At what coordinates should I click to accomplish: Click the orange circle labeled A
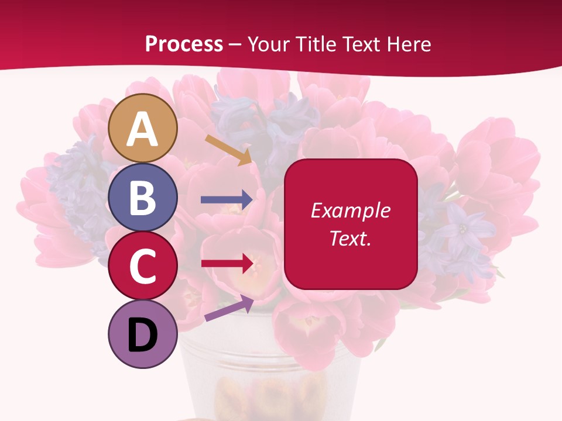coord(142,128)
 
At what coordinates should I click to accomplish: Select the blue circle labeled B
coord(142,197)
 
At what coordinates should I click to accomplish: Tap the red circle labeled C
coord(142,265)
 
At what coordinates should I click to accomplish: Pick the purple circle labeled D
coord(142,334)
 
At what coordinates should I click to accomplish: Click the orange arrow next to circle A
coord(228,150)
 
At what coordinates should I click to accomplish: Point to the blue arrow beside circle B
coord(227,199)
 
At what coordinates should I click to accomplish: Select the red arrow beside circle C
coord(227,263)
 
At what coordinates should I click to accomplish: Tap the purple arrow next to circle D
coord(229,308)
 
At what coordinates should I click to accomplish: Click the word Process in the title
coord(184,44)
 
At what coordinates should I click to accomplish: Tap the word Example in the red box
coord(350,210)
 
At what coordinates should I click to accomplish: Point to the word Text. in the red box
coord(350,238)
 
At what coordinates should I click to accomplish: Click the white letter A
coord(142,129)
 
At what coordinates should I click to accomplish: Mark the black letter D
coord(142,335)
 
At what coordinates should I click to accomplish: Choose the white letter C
coord(142,267)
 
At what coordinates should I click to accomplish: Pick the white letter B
coord(142,198)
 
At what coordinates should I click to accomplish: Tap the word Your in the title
coord(271,44)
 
